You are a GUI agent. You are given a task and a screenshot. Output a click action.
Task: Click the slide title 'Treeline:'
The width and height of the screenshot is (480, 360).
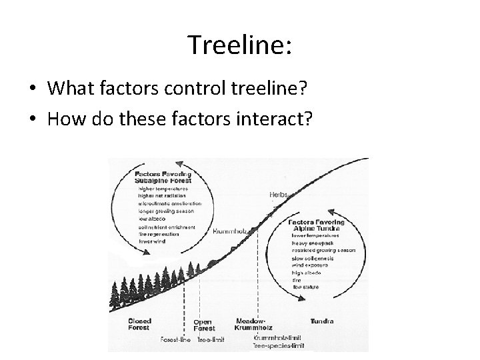(239, 45)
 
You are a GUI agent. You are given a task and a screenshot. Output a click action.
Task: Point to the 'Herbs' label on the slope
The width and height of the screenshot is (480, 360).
(278, 194)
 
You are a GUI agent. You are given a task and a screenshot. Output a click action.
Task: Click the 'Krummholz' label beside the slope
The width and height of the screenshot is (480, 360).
(230, 231)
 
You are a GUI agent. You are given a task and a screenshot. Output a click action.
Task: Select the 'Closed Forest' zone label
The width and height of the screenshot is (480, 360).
(140, 325)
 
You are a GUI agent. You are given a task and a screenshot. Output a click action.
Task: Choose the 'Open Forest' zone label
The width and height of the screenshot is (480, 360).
(204, 325)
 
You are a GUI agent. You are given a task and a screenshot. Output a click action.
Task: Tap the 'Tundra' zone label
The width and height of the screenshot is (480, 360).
(321, 321)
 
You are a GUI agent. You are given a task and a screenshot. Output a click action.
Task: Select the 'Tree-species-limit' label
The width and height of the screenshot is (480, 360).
(279, 345)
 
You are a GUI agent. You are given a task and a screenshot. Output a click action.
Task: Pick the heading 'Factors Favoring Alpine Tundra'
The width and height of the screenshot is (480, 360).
(317, 225)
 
